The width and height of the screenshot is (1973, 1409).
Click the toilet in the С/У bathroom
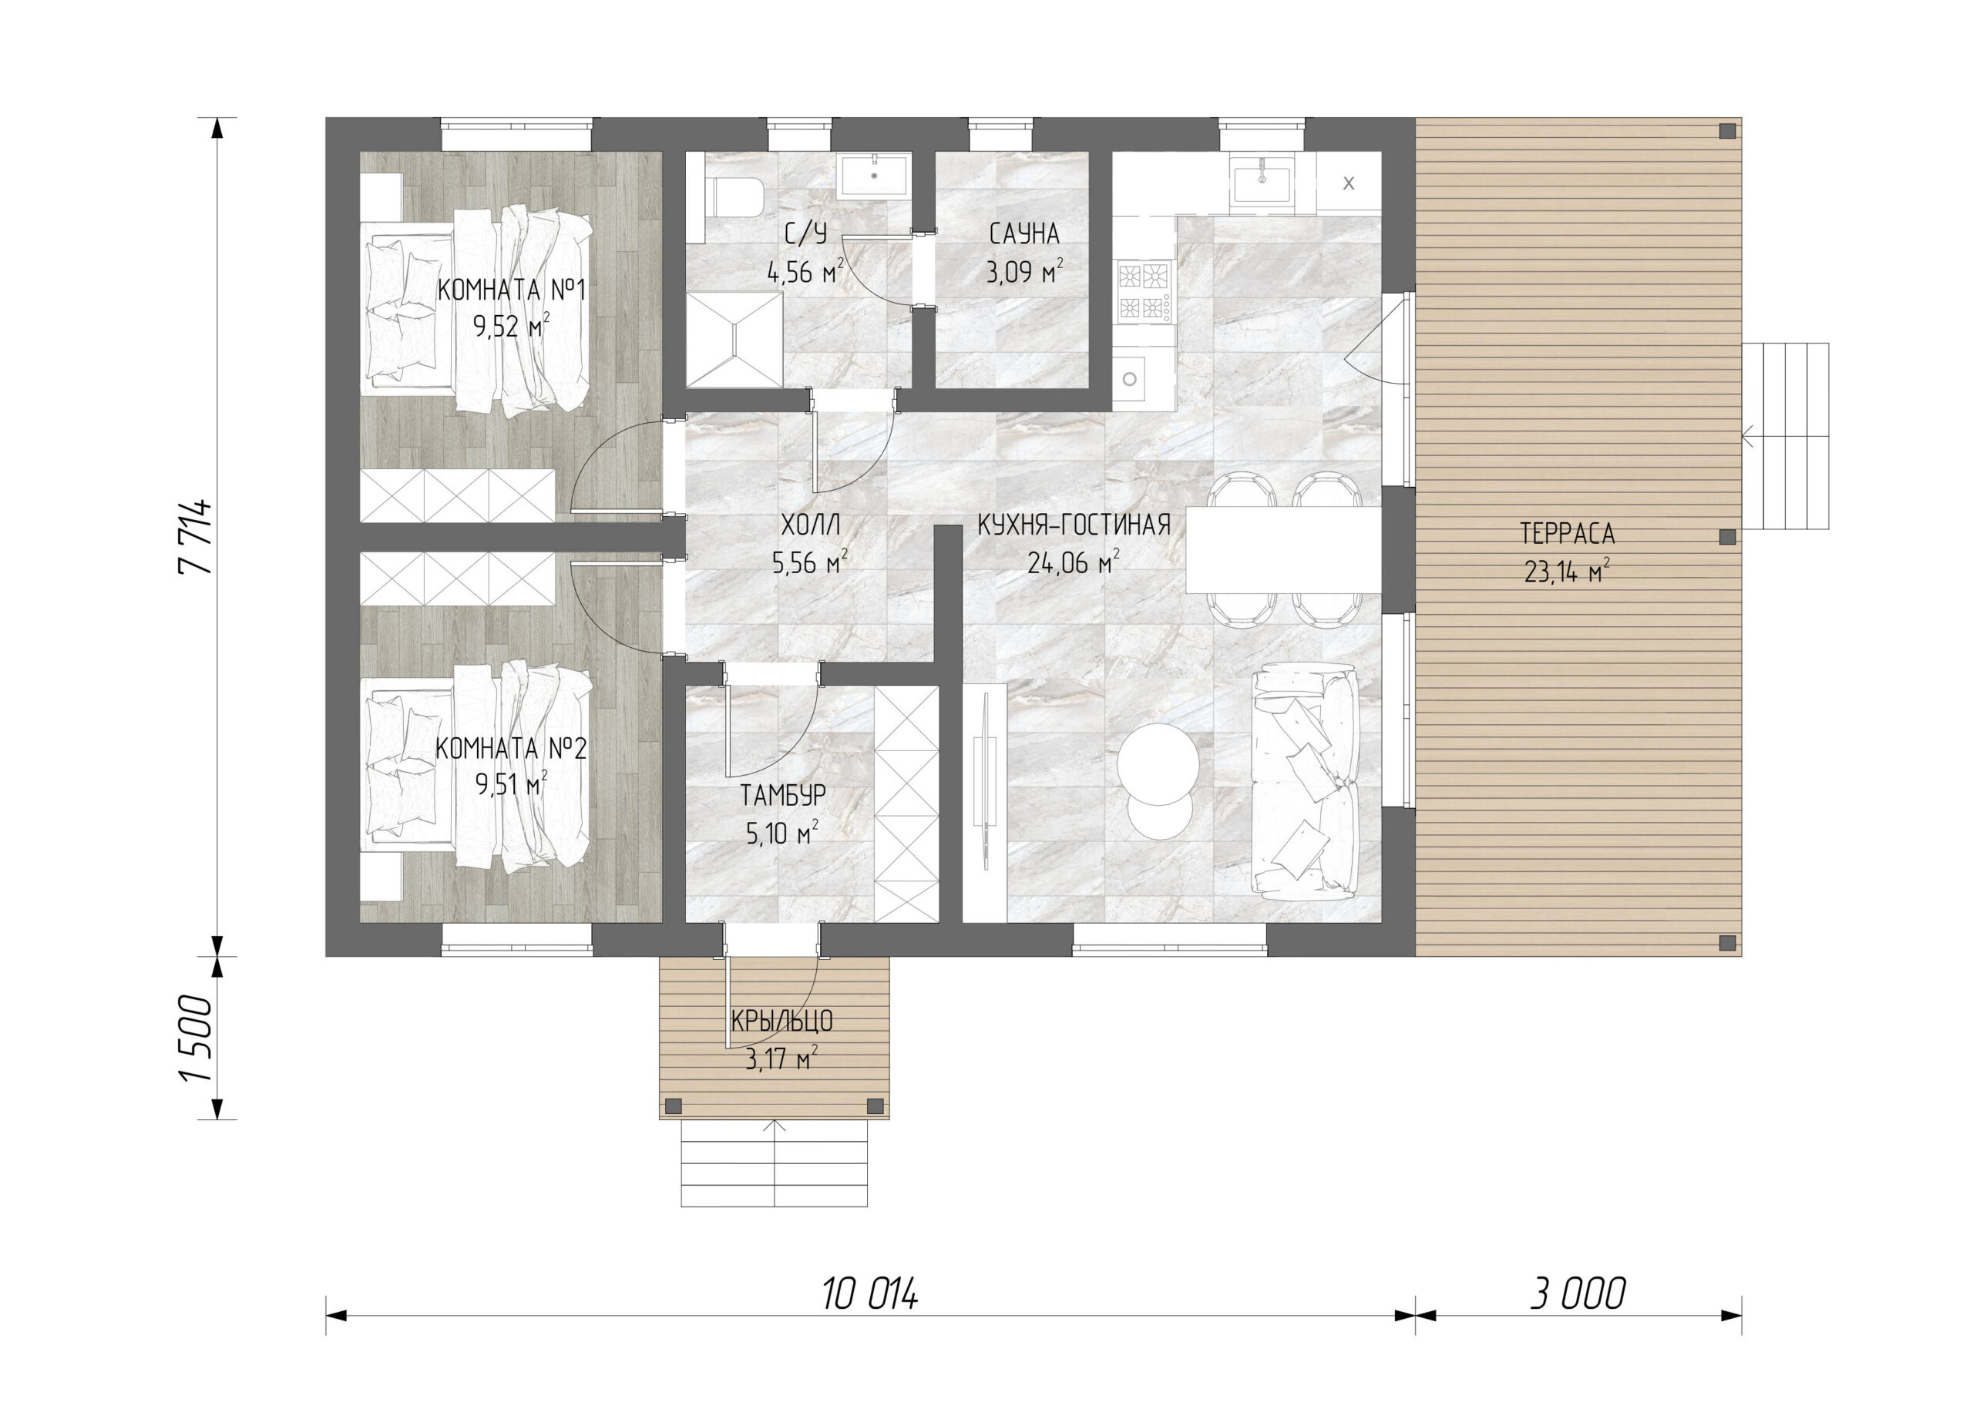[736, 198]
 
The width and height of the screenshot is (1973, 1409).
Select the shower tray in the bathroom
[734, 339]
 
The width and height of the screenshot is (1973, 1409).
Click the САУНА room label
[1024, 233]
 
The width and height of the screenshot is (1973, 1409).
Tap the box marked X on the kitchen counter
[1348, 183]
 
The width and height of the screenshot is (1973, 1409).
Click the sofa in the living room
[1305, 777]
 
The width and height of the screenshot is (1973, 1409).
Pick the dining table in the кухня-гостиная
[1284, 549]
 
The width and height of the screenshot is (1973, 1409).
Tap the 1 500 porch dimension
[194, 1038]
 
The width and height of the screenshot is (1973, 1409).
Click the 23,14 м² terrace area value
[1567, 572]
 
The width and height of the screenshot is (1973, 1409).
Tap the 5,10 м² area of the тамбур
[781, 833]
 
